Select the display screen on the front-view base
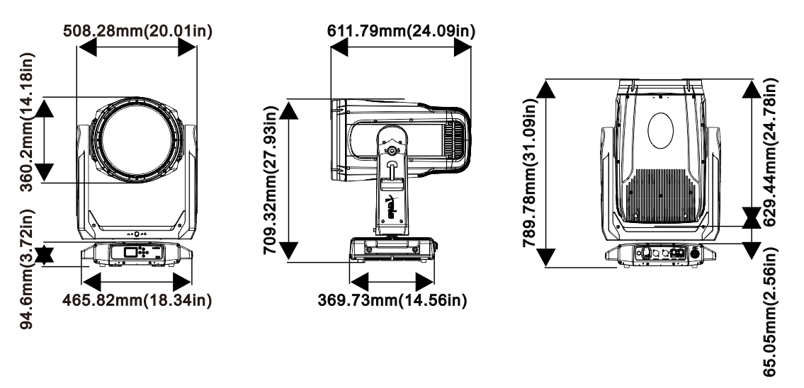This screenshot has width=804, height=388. [130, 253]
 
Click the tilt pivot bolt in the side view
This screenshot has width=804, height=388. [392, 150]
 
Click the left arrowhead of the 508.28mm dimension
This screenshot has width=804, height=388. [85, 46]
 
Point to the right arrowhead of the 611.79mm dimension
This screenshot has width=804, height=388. [463, 46]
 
